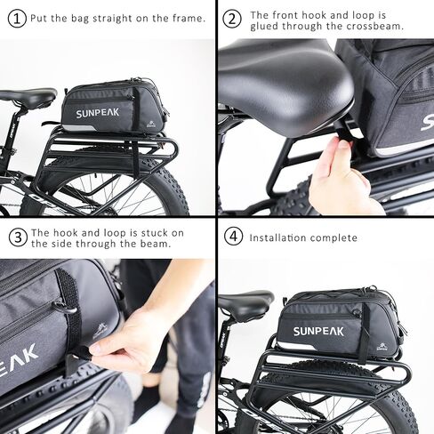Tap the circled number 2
coord(232,19)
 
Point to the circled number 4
coord(232,237)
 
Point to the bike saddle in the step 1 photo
coord(27,96)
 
